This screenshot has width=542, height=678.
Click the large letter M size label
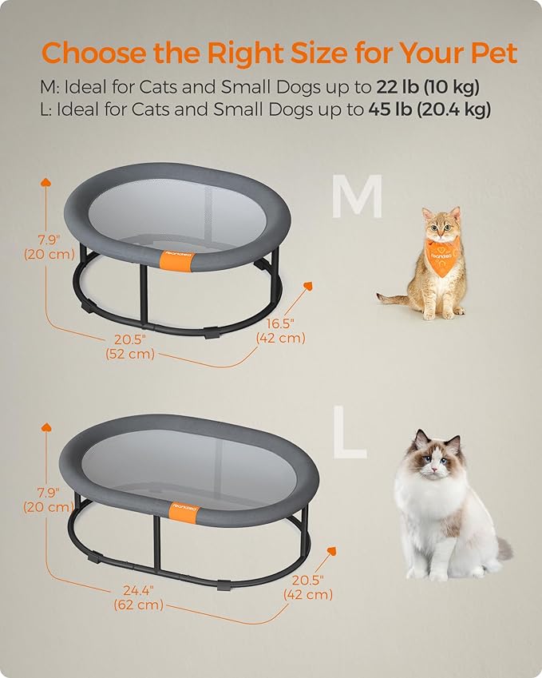click(x=357, y=198)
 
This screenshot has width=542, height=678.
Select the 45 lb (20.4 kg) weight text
click(x=429, y=109)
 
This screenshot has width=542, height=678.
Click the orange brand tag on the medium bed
click(x=176, y=260)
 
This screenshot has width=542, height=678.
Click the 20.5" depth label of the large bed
click(x=309, y=586)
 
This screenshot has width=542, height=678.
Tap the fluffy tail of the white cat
click(x=503, y=549)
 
